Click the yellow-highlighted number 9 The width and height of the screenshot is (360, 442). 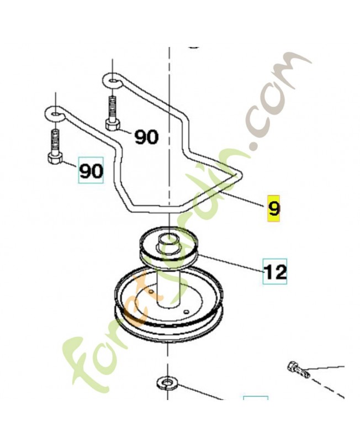[273, 208]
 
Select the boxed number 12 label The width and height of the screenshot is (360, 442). [274, 271]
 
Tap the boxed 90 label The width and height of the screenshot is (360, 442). [91, 170]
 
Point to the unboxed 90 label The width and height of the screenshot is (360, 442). [146, 137]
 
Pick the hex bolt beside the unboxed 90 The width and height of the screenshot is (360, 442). [113, 113]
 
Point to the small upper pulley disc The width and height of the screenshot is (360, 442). [168, 246]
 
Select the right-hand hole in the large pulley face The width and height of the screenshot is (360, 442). [186, 312]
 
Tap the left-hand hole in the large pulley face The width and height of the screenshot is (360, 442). [151, 291]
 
